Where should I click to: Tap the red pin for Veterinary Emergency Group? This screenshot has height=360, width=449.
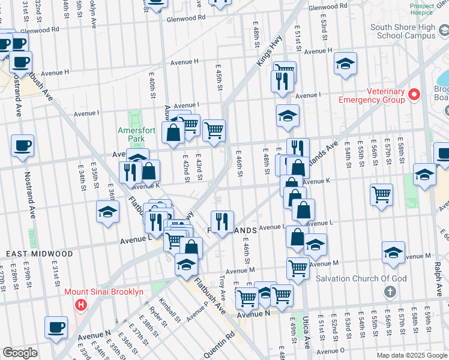click(x=414, y=95)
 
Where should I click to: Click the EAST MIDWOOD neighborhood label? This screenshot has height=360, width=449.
click(x=40, y=254)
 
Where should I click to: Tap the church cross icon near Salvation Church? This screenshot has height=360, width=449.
click(x=390, y=292)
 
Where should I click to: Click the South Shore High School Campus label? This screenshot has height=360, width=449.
click(x=403, y=31)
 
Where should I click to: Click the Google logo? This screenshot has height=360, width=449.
click(x=20, y=353)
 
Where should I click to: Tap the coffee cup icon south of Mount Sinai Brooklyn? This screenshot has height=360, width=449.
click(x=56, y=327)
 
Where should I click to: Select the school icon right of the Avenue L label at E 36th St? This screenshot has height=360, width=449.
click(x=108, y=212)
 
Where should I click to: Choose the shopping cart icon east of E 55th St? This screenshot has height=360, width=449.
click(x=381, y=194)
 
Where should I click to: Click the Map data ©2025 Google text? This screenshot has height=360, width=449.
click(x=411, y=355)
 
